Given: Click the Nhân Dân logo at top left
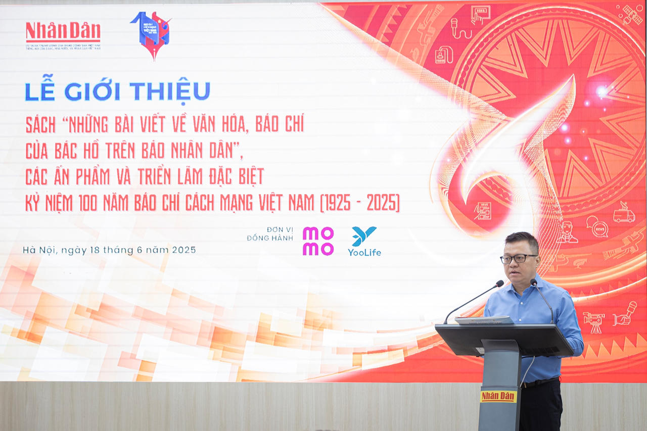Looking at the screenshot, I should (63, 32).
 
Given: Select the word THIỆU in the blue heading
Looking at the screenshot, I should (170, 91).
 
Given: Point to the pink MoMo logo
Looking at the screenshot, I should (318, 241).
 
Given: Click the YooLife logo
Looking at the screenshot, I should (364, 241).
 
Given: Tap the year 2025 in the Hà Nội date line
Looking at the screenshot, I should (183, 250).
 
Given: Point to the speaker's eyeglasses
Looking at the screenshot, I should (518, 259).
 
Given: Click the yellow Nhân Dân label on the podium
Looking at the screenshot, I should (498, 396).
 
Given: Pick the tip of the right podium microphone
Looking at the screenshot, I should (533, 282).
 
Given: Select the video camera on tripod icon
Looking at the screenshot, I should (593, 320).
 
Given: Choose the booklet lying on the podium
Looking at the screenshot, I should (484, 320).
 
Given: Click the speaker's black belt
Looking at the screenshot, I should (541, 382).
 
